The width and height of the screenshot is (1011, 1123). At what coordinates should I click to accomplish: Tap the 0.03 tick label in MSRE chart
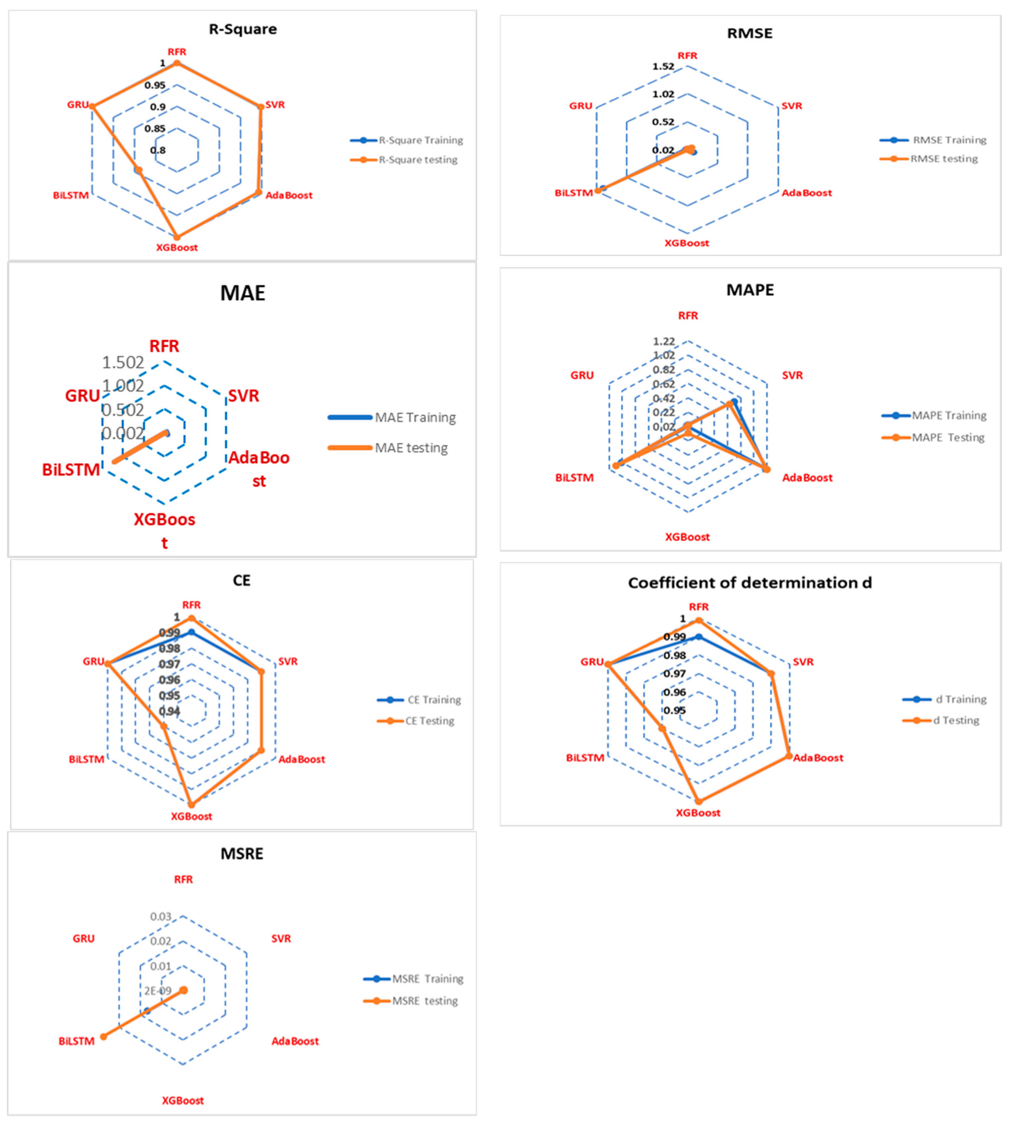point(161,916)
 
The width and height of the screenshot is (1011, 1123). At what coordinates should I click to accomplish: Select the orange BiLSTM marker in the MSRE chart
point(103,1036)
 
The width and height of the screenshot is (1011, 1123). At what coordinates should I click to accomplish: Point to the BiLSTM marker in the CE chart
point(163,726)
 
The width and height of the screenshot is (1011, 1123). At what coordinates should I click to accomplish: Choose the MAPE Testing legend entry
point(948,438)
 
